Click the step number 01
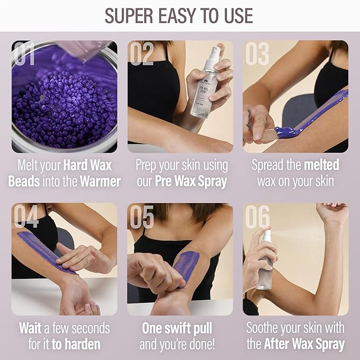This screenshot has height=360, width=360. pyautogui.click(x=25, y=54)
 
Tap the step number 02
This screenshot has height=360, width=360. pyautogui.click(x=142, y=54)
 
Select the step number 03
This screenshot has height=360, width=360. pyautogui.click(x=257, y=54)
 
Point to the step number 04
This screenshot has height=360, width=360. pyautogui.click(x=26, y=216)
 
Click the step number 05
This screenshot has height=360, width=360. pyautogui.click(x=142, y=216)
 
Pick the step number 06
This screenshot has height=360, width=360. pyautogui.click(x=257, y=216)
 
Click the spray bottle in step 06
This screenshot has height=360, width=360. pyautogui.click(x=264, y=262)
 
